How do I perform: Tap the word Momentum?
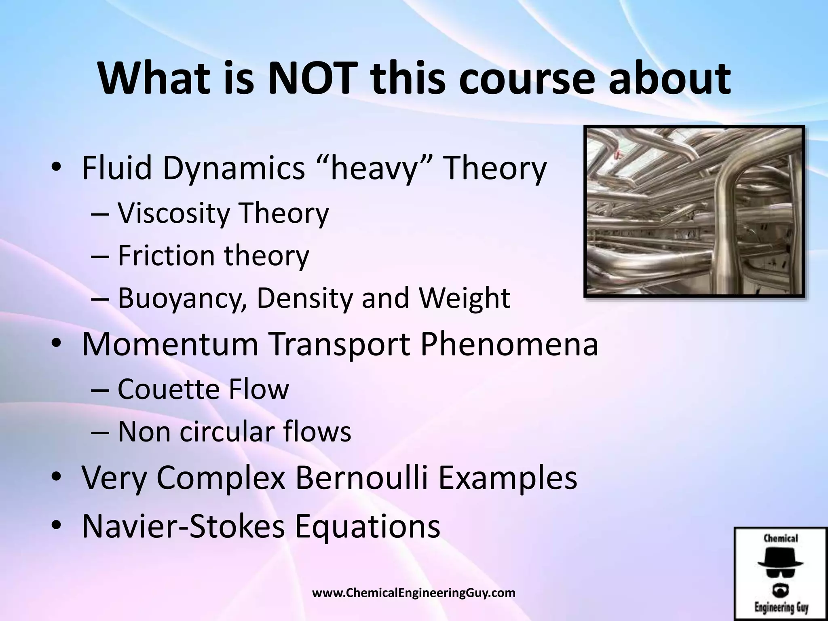tap(170, 344)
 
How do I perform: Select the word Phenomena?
tap(509, 344)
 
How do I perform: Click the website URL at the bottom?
tap(414, 593)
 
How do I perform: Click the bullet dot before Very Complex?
tap(56, 478)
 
